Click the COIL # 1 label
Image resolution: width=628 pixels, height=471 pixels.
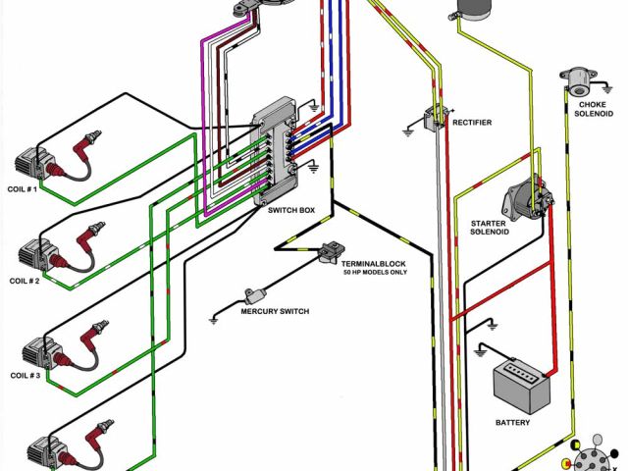click(22, 188)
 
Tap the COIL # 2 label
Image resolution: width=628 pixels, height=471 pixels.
click(26, 281)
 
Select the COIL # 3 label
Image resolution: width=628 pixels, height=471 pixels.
click(26, 376)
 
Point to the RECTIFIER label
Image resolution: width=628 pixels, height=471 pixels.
click(472, 123)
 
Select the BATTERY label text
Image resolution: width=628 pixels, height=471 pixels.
click(512, 422)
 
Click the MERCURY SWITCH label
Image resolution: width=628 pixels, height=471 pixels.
click(275, 311)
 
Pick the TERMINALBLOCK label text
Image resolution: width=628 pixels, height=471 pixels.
click(373, 264)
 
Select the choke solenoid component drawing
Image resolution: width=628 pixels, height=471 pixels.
click(573, 78)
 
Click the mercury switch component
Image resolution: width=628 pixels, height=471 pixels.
click(258, 293)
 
